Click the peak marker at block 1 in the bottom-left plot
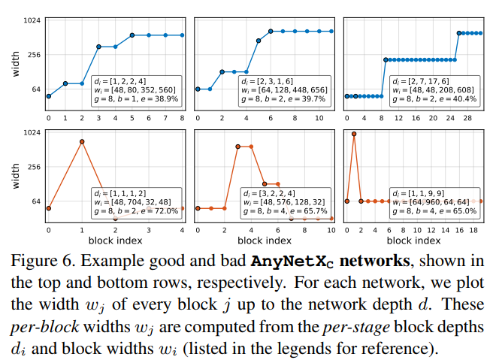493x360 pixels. point(82,141)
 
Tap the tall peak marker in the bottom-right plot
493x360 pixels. point(354,134)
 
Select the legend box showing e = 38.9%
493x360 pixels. point(135,89)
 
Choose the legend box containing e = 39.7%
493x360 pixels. point(283,89)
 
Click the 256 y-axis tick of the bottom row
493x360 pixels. point(33,167)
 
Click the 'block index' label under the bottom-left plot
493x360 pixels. point(116,241)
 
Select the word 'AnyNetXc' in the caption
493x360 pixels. point(296,262)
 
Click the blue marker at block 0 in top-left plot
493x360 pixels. point(49,96)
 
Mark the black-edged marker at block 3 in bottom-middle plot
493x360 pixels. point(238,147)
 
